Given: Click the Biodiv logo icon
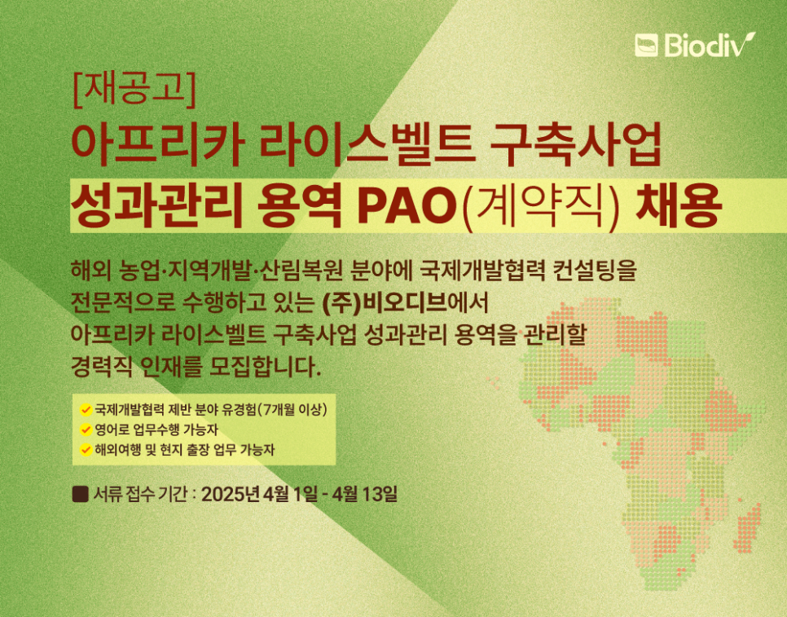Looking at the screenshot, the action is coord(646,45).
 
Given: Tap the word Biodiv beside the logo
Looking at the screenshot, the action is coord(710,45).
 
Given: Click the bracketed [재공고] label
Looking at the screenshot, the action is coord(134,90).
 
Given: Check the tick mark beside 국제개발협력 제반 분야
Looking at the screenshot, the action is coord(86,410).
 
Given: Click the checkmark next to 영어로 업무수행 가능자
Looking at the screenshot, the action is coord(86,430).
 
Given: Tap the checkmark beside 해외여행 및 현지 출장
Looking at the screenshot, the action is coord(86,450).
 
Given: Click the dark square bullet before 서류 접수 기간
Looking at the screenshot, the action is coord(81,494).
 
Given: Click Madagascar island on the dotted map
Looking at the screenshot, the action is coord(749,527).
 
